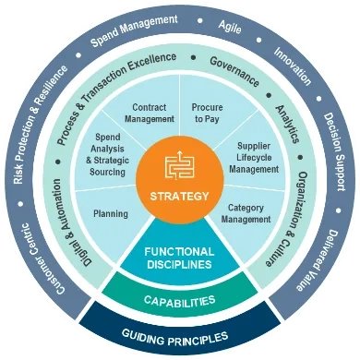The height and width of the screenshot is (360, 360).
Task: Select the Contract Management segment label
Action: [149, 113]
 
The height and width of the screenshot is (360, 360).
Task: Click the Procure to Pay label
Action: [208, 113]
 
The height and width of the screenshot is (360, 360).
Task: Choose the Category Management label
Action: [248, 213]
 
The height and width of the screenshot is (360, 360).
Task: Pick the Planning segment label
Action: [111, 213]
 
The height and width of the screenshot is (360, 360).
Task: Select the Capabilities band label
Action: [179, 301]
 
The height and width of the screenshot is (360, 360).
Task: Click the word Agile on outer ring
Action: [227, 27]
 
